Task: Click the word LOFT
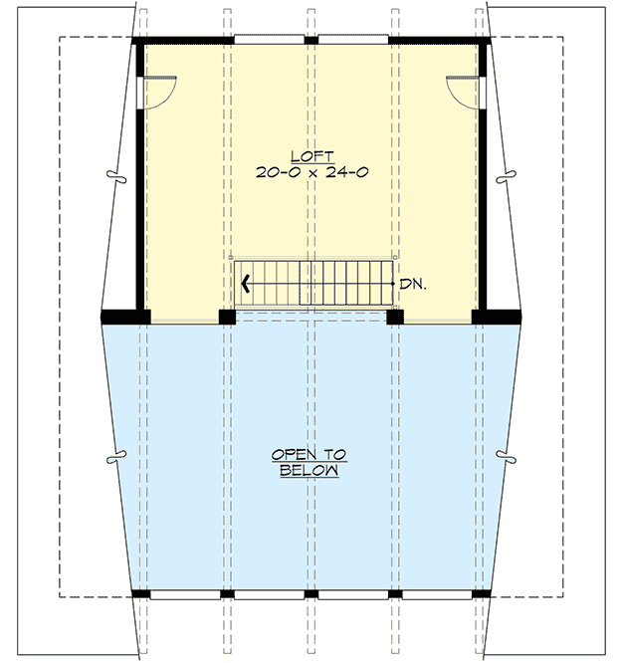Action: [311, 155]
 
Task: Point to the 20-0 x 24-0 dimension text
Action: [311, 171]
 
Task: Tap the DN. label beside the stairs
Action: [413, 284]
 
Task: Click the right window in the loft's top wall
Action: [353, 40]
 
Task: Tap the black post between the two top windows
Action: [311, 40]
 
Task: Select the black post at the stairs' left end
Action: [227, 318]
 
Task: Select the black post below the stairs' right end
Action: [395, 318]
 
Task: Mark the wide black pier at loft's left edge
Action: [125, 318]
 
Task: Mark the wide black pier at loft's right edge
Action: [497, 318]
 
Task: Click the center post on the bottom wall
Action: [311, 593]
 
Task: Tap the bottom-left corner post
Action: [141, 593]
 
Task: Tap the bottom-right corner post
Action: [481, 593]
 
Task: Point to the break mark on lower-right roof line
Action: [512, 459]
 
